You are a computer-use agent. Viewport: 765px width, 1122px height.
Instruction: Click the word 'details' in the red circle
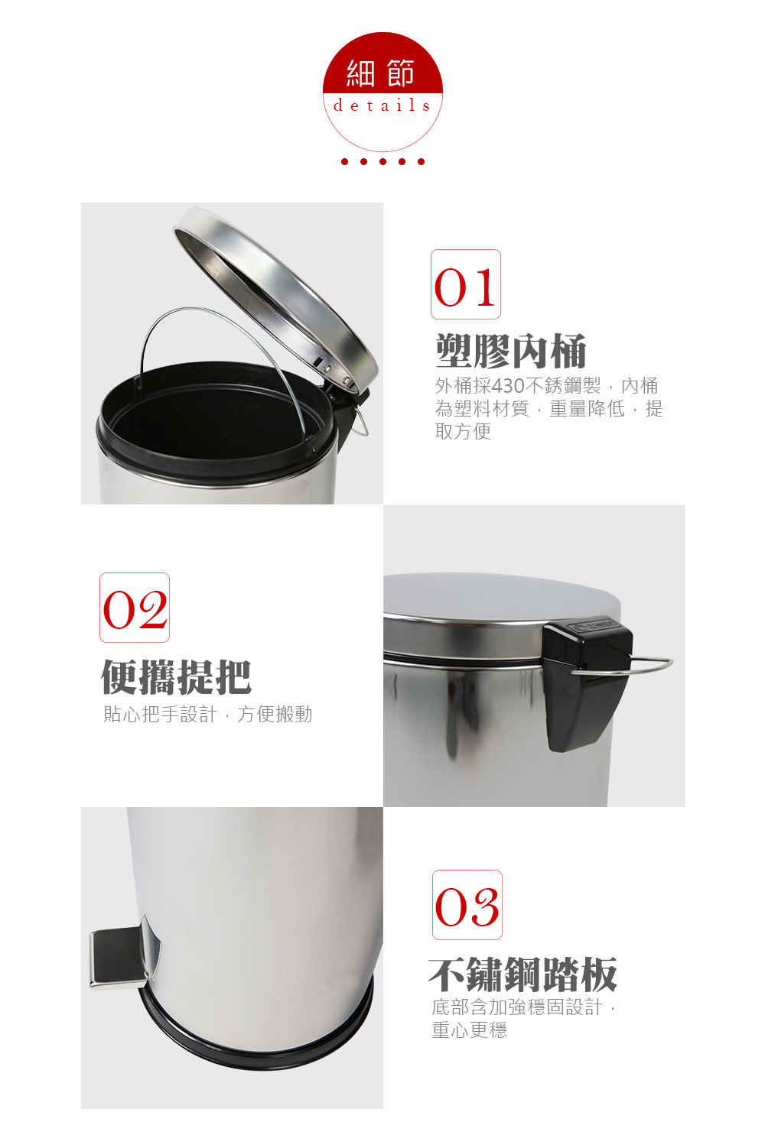click(382, 105)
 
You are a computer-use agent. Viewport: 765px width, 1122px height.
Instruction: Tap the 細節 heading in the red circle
click(381, 73)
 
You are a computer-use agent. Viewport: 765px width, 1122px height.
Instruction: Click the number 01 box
click(466, 284)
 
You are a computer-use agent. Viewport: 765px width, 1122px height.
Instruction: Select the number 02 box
click(135, 608)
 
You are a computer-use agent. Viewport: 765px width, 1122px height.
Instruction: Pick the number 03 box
click(467, 905)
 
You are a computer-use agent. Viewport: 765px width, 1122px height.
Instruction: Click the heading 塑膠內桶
click(511, 351)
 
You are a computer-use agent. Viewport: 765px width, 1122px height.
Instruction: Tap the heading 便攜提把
click(176, 677)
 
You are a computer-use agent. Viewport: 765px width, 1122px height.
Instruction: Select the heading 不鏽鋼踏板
click(522, 974)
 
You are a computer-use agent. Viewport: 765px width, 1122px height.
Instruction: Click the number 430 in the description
click(508, 386)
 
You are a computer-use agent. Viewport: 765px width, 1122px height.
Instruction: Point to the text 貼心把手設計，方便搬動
click(207, 715)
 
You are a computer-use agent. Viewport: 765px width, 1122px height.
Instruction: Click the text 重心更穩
click(469, 1030)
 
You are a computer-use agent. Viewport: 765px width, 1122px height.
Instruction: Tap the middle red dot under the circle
click(383, 161)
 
